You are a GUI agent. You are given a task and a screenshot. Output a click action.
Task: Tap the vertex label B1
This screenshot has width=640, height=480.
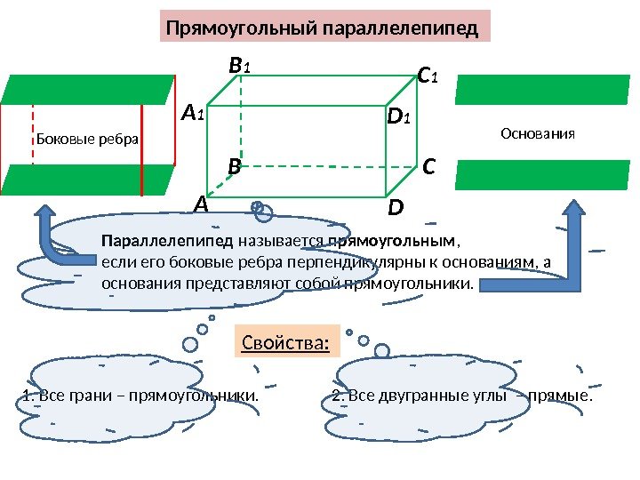[x=240, y=65]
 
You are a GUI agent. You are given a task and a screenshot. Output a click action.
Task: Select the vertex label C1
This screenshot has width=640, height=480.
[x=428, y=77]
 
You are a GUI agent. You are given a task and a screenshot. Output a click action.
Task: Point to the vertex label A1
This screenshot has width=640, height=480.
[x=193, y=114]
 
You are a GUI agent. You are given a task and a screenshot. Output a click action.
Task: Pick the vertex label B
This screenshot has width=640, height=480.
[x=234, y=166]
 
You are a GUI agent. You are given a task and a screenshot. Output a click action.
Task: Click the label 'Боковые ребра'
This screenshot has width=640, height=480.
[x=86, y=139]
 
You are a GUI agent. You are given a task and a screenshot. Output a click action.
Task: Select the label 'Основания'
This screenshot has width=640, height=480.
[x=539, y=134]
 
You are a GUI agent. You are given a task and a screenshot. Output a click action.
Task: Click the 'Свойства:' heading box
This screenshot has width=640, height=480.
[x=285, y=341]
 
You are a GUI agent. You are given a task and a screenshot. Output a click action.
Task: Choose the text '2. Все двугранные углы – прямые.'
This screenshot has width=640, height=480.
[x=461, y=395]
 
